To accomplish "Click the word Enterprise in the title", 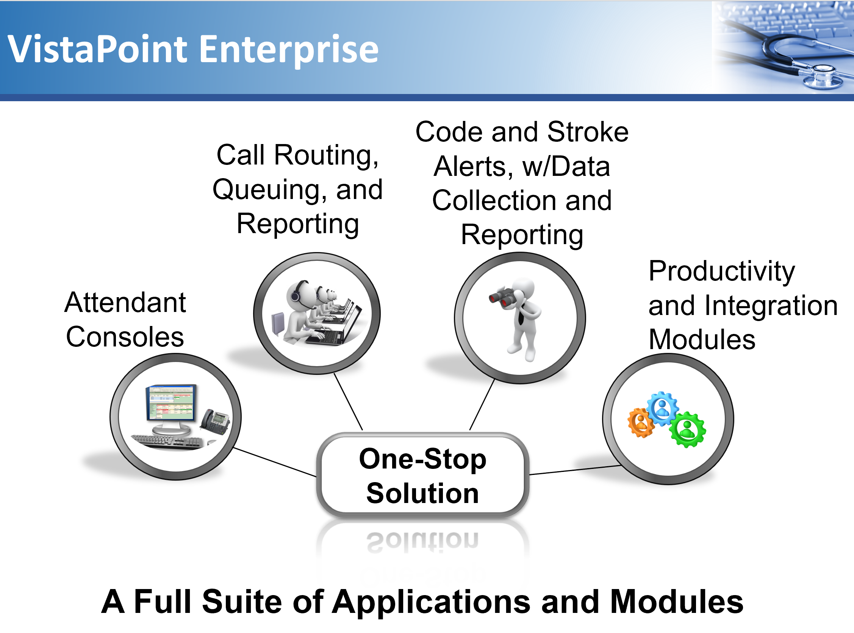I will [289, 50].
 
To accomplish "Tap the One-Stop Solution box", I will [422, 475].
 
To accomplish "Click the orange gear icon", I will [641, 422].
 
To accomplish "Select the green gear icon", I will [687, 429].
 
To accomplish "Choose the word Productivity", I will [721, 271].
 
